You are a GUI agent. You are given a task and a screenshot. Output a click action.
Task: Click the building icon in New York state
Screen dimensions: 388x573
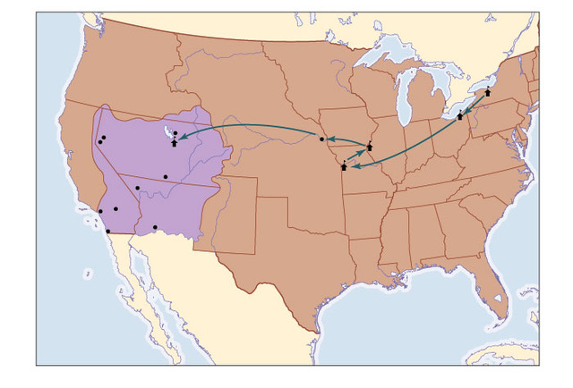(x=488, y=92)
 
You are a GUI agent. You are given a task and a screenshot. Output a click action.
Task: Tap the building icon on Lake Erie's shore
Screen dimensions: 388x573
(x=460, y=115)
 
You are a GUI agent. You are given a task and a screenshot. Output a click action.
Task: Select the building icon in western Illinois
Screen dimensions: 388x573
(x=370, y=147)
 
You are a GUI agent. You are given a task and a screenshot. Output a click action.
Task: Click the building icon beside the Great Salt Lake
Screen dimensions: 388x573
(x=174, y=143)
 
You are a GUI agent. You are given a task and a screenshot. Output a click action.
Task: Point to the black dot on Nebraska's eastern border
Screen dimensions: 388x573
(x=321, y=139)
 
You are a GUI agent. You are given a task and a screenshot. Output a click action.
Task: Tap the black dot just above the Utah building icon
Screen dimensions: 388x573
(x=175, y=134)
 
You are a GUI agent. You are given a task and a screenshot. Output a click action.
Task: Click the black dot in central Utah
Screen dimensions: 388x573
(x=166, y=175)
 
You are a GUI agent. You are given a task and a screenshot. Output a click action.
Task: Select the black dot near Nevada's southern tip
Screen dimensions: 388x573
(x=137, y=188)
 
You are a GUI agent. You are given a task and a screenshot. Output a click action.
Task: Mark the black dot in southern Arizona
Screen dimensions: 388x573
(x=155, y=227)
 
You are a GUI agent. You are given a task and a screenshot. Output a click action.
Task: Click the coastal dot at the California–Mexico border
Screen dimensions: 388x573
(x=108, y=232)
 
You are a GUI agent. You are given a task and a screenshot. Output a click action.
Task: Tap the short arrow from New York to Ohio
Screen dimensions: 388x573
(x=475, y=104)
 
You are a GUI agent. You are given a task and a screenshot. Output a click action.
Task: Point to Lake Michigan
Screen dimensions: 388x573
(x=406, y=98)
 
